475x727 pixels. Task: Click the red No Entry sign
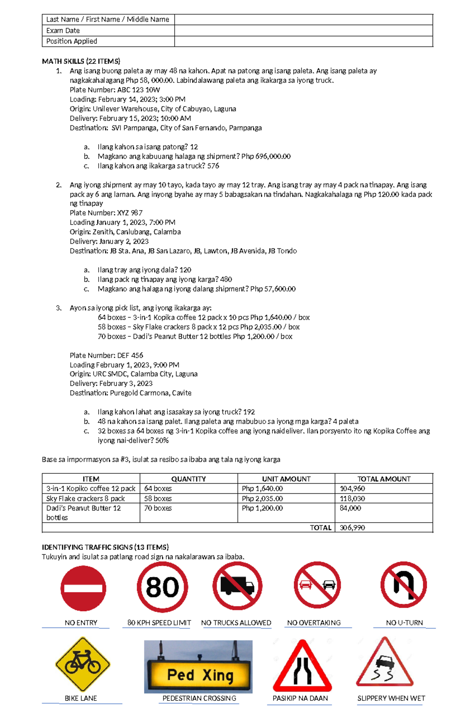(x=83, y=588)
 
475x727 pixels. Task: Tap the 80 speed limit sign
(x=162, y=587)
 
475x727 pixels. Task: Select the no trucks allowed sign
(x=237, y=586)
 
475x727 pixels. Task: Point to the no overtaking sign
(x=317, y=585)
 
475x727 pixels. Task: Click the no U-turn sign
(x=403, y=585)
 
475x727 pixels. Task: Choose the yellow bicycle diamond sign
(x=83, y=664)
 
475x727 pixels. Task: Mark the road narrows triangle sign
(x=302, y=667)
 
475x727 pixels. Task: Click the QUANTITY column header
(x=188, y=479)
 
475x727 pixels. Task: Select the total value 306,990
(x=352, y=528)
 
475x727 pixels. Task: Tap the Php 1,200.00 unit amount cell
(x=262, y=508)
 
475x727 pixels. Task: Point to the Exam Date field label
(x=63, y=31)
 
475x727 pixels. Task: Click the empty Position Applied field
(x=303, y=41)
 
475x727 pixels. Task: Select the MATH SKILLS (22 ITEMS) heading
(x=81, y=61)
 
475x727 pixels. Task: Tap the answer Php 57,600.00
(x=273, y=289)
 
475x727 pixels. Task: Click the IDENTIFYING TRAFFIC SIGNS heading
(x=105, y=547)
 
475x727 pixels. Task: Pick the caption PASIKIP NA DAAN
(x=300, y=698)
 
